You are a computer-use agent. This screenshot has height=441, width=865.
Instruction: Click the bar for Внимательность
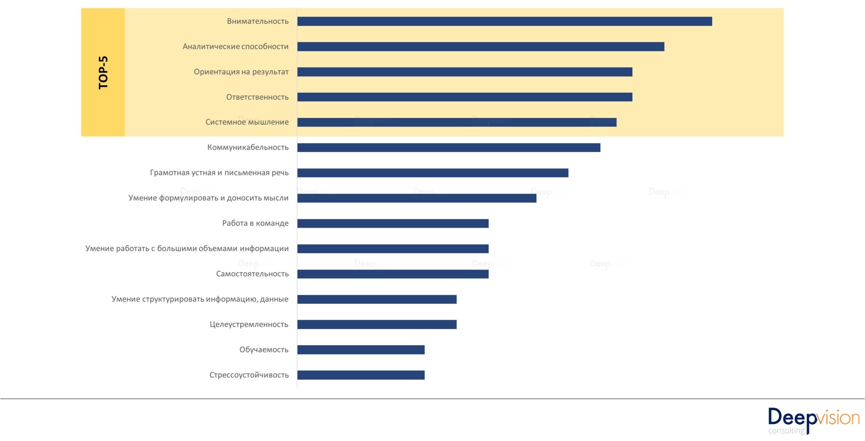click(504, 21)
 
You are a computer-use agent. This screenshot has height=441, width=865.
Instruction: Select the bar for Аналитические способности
click(481, 47)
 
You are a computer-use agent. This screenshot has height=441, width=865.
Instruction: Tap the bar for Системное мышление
click(457, 122)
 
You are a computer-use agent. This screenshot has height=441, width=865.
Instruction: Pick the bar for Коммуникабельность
click(449, 148)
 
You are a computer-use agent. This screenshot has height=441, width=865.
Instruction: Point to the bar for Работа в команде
click(393, 223)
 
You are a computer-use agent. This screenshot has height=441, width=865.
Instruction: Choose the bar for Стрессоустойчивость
click(361, 375)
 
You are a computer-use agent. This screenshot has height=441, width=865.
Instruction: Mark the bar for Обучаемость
click(361, 350)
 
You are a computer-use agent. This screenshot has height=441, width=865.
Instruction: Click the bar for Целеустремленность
click(377, 324)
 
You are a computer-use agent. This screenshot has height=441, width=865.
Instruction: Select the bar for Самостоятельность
click(393, 274)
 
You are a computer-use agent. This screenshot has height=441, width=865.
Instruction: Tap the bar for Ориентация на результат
click(465, 72)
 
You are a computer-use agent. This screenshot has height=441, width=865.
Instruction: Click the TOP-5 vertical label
click(103, 72)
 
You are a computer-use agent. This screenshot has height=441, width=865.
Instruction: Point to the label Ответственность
click(257, 97)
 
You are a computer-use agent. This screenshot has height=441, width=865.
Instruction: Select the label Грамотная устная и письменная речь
click(219, 173)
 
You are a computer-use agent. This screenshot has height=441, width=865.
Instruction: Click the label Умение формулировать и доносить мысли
click(208, 198)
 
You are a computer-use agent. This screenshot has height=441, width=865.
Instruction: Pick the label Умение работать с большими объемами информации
click(187, 248)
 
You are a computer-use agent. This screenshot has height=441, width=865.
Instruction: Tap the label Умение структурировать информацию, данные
click(200, 299)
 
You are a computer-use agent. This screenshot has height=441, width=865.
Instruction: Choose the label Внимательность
click(258, 21)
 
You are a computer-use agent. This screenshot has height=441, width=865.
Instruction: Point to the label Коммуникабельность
click(248, 147)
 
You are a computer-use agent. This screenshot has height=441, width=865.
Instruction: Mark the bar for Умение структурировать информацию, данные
click(377, 299)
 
